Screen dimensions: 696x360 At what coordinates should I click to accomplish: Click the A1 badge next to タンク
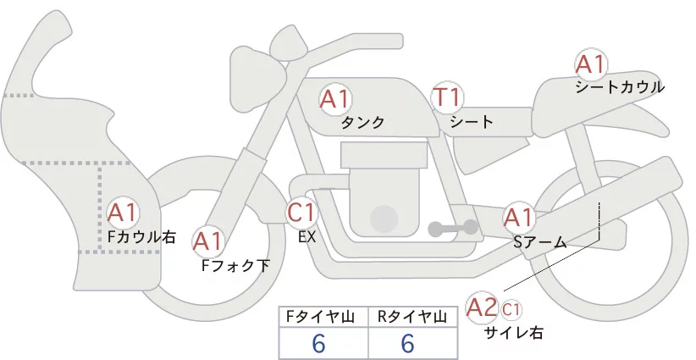(x=335, y=99)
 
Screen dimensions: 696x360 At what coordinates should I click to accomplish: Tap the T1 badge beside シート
(x=446, y=98)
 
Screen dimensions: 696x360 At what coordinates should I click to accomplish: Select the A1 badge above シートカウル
(x=589, y=64)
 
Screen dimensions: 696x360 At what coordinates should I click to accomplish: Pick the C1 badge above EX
(x=301, y=211)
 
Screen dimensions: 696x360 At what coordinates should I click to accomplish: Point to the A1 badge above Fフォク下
(x=207, y=242)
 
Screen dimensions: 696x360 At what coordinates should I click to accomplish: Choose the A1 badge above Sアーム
(x=518, y=218)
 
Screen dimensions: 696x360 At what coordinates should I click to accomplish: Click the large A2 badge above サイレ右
(x=483, y=307)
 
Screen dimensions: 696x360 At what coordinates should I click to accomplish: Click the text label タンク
(x=362, y=123)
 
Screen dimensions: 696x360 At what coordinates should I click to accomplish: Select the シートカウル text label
(x=619, y=87)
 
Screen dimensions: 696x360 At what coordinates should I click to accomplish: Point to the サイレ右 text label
(x=513, y=333)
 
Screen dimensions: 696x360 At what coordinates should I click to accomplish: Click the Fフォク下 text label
(x=235, y=265)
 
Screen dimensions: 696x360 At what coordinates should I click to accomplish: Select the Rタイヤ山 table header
(x=412, y=317)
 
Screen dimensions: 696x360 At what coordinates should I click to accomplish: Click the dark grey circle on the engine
(x=386, y=219)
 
